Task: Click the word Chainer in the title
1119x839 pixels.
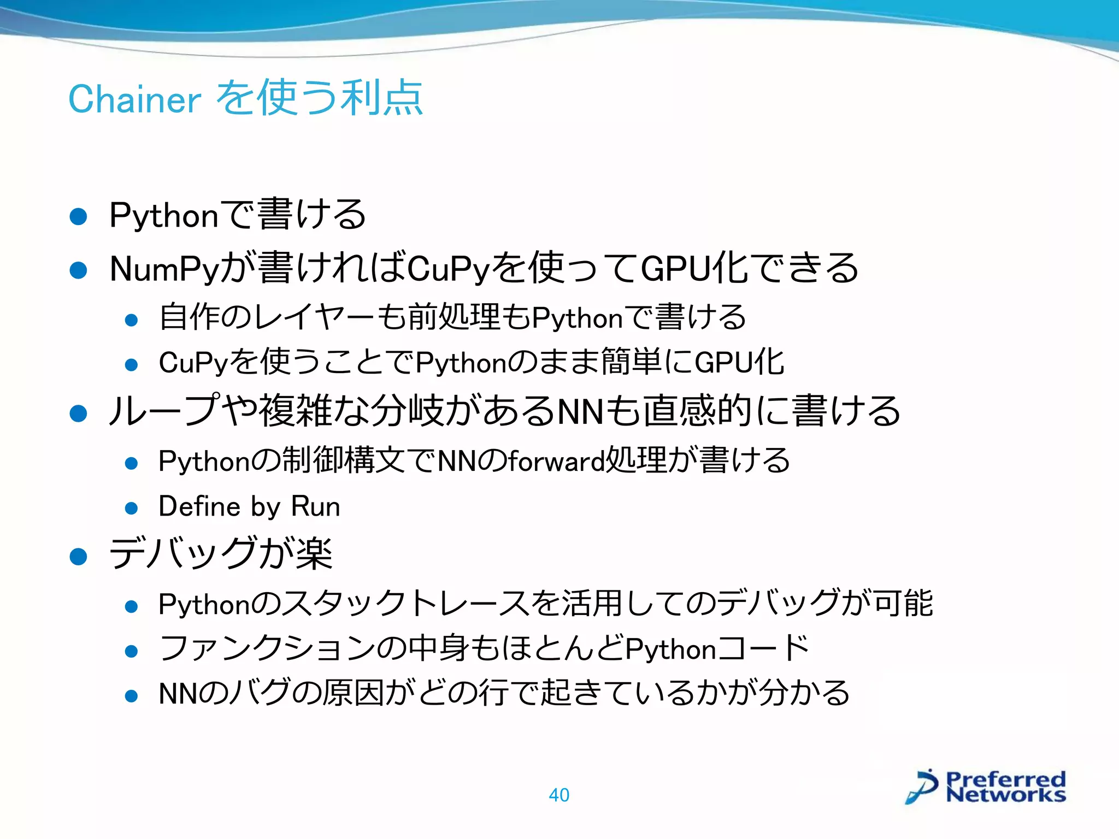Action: click(135, 99)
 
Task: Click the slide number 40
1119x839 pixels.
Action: click(559, 795)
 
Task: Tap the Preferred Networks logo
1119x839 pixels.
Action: click(986, 787)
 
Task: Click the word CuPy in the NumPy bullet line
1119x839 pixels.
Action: click(449, 269)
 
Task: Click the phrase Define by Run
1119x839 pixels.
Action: click(249, 506)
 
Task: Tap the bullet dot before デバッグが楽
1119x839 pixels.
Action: click(79, 557)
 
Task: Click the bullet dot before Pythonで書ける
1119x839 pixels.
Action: click(79, 216)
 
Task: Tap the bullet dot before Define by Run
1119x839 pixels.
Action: click(131, 509)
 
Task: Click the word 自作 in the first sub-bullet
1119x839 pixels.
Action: click(189, 317)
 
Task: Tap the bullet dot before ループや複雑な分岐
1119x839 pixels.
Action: click(79, 413)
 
